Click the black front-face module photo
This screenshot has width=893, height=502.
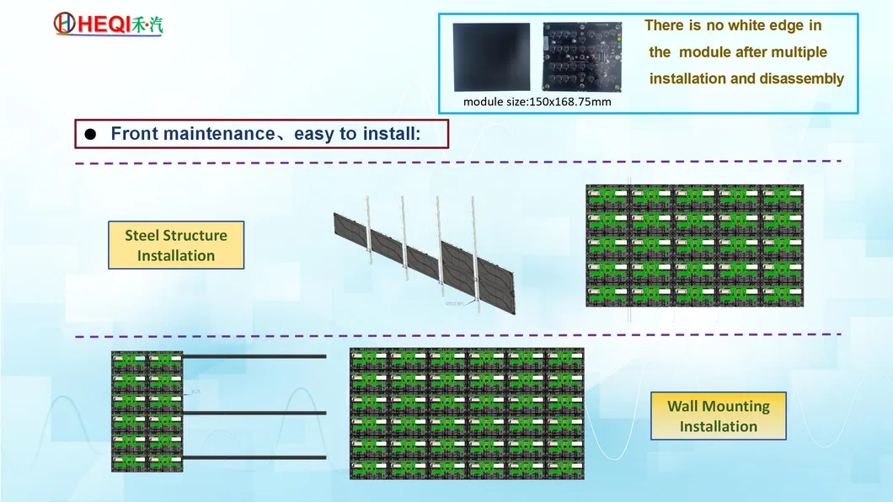491,57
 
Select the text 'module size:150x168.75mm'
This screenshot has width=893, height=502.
537,102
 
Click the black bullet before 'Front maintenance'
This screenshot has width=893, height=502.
90,135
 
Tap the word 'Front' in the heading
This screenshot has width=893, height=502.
135,133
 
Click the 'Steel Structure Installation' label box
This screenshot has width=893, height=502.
176,245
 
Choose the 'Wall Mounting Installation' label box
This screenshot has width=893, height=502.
718,416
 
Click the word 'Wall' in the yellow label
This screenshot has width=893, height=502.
683,406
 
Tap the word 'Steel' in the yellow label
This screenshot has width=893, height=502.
142,235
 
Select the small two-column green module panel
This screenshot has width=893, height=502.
147,412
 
